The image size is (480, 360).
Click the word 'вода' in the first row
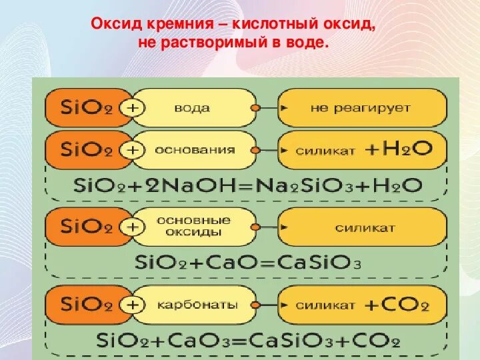(192, 108)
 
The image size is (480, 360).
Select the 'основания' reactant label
(195, 150)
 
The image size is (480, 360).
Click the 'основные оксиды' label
(194, 227)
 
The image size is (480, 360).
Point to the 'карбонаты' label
(196, 305)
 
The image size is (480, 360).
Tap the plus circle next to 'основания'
(135, 151)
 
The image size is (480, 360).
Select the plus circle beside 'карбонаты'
(135, 305)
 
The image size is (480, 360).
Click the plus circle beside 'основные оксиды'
(135, 227)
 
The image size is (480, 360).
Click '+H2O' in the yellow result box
(399, 150)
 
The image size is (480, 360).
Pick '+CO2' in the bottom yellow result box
(397, 305)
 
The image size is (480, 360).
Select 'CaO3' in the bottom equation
(195, 341)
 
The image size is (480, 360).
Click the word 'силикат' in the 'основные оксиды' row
(365, 227)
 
